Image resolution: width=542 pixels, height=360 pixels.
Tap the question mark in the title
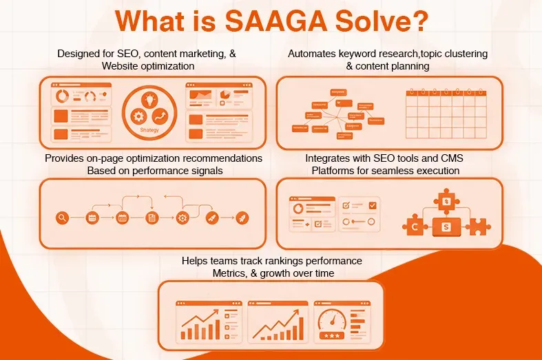418,21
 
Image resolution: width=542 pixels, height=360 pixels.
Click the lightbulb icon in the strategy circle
150,99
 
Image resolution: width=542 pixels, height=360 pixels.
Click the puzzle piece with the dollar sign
446,202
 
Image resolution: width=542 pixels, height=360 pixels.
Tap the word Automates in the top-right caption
314,54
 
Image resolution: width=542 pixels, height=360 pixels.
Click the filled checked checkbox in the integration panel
373,205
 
